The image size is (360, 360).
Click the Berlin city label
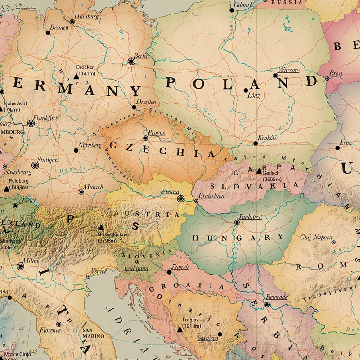(141, 56)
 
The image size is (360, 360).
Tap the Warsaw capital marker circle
(275, 76)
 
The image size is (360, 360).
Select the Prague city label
(157, 133)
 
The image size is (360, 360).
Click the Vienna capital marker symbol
(181, 198)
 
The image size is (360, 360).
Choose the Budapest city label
(251, 216)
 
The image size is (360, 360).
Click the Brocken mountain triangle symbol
(76, 77)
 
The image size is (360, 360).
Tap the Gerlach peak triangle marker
(259, 171)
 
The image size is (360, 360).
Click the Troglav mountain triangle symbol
(180, 330)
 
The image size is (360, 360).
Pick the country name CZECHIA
(162, 149)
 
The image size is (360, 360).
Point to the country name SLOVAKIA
(254, 185)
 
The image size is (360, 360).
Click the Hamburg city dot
(72, 21)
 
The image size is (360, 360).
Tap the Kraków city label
(268, 138)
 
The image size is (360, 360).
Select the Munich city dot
(81, 192)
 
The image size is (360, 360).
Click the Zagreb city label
(180, 267)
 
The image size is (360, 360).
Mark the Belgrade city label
(276, 297)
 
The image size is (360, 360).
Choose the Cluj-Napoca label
(316, 237)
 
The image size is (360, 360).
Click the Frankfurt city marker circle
(31, 123)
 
